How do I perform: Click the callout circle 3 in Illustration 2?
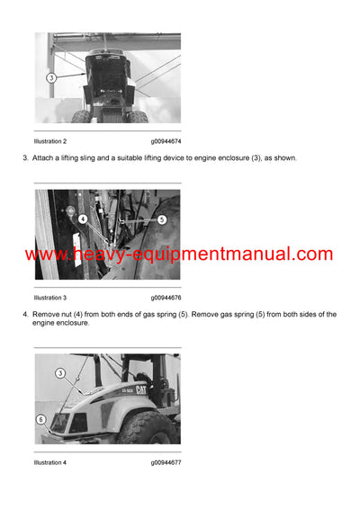tap(51, 78)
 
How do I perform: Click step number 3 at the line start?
tap(24, 158)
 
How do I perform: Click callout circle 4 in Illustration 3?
tap(82, 219)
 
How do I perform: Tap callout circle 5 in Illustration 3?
tap(161, 219)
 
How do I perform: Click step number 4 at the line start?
tap(24, 314)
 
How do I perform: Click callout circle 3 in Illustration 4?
tap(61, 372)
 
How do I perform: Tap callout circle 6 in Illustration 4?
tap(40, 419)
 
